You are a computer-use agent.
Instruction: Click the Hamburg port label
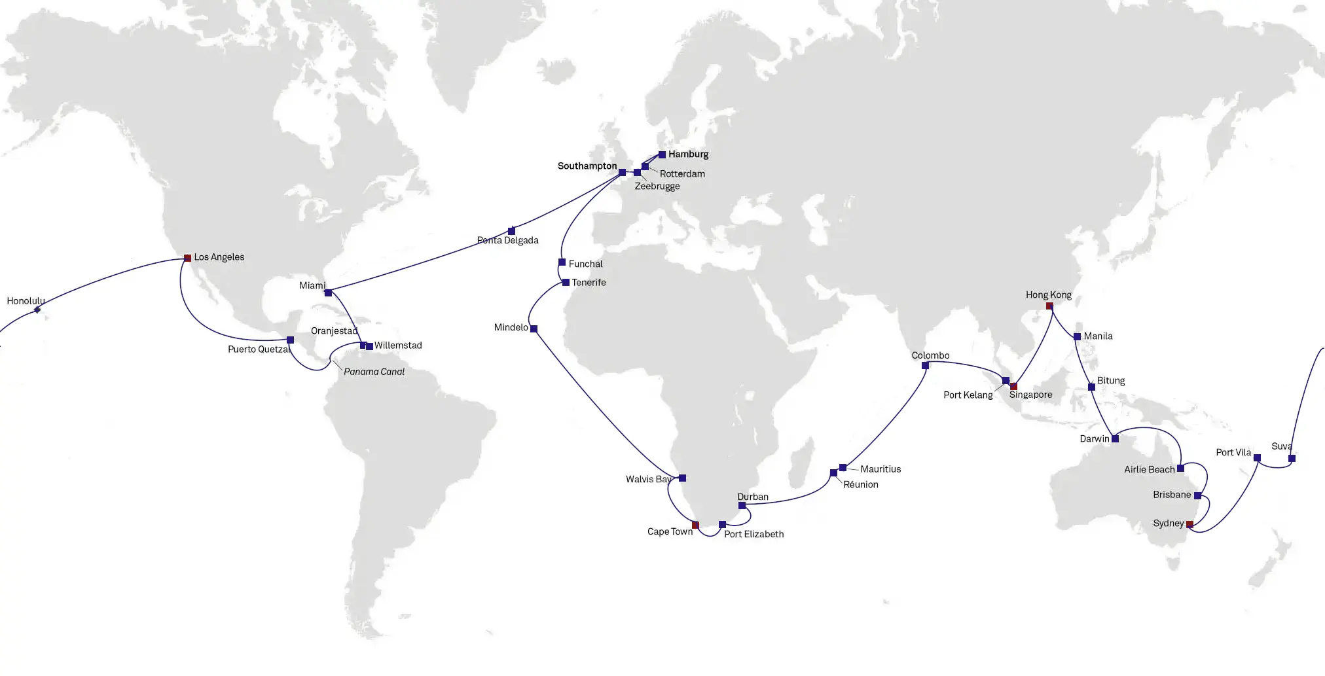[x=688, y=154]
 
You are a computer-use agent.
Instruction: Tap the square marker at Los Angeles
[x=188, y=258]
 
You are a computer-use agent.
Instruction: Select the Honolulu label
[x=26, y=301]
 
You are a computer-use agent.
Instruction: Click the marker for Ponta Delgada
[x=511, y=231]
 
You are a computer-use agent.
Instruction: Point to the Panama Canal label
[x=374, y=372]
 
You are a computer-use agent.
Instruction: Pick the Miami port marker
[x=328, y=293]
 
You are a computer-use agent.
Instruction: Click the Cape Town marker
[x=695, y=525]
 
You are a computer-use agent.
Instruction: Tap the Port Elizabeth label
[x=753, y=534]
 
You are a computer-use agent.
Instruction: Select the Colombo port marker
[x=925, y=366]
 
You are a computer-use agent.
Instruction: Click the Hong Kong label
[x=1048, y=295]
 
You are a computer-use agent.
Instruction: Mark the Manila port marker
[x=1078, y=337]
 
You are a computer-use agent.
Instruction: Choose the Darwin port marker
[x=1115, y=439]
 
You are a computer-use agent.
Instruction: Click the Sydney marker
[x=1189, y=524]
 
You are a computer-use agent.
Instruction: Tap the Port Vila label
[x=1233, y=452]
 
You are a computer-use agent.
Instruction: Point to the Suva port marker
[x=1292, y=459]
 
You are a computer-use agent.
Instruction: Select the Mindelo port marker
[x=534, y=329]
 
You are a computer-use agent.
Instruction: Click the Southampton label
[x=587, y=166]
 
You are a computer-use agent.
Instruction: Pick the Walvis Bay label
[x=648, y=479]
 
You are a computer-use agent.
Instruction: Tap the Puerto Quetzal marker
[x=290, y=340]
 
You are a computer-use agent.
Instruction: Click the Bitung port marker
[x=1091, y=387]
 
